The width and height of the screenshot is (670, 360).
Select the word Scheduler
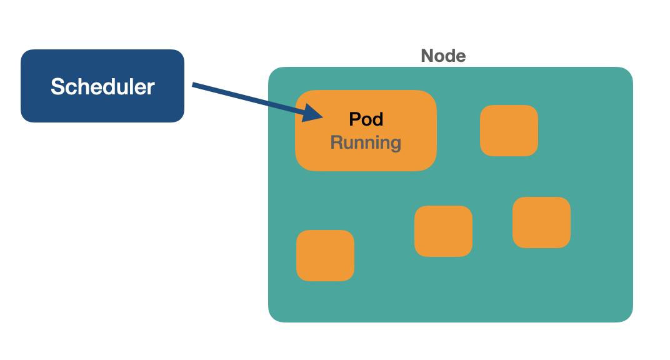[102, 86]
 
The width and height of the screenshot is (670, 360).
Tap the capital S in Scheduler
[57, 86]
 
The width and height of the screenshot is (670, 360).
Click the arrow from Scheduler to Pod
[250, 99]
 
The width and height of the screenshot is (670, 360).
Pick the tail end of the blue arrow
[194, 85]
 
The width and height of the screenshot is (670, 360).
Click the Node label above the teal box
[443, 56]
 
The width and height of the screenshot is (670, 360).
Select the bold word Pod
[366, 119]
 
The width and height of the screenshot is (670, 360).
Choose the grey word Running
[366, 142]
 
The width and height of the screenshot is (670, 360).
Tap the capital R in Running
[336, 142]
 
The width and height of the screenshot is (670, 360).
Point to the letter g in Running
[394, 144]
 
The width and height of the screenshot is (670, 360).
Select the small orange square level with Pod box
[509, 130]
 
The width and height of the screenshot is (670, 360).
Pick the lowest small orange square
[325, 255]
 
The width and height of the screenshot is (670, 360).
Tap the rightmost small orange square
[541, 222]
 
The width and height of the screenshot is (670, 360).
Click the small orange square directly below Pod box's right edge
[443, 231]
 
